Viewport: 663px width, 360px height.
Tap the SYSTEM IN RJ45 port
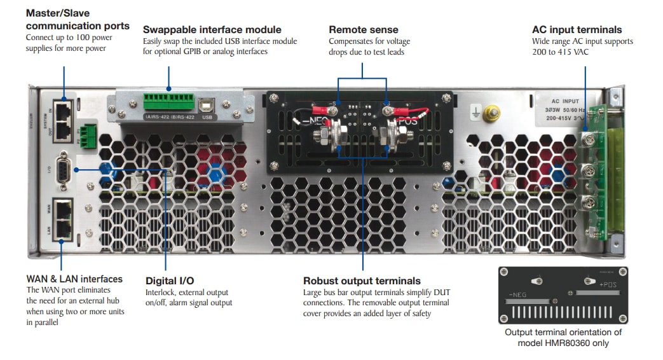[x=63, y=109]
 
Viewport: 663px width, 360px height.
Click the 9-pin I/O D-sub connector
[x=63, y=169]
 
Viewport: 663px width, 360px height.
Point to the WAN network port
[x=63, y=208]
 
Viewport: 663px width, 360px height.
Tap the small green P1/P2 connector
[x=89, y=132]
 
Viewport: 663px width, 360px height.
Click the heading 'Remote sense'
[x=363, y=29]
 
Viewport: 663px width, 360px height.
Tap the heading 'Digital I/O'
[x=170, y=280]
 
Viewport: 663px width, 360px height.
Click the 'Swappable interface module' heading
[x=212, y=29]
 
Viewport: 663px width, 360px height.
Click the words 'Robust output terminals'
[x=362, y=280]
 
